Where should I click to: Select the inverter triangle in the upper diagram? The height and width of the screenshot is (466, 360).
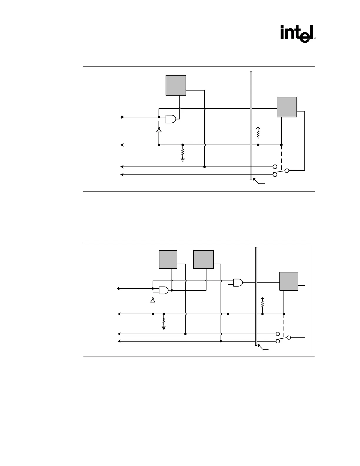[x=159, y=130]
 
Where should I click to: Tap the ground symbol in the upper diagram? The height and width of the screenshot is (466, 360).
[x=183, y=160]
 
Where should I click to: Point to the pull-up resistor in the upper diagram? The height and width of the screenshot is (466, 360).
[x=258, y=133]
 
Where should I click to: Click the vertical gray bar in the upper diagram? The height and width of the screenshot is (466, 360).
[x=251, y=125]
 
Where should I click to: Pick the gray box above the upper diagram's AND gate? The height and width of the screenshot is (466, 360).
[x=176, y=85]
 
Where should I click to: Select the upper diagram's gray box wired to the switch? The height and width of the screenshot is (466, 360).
[x=287, y=107]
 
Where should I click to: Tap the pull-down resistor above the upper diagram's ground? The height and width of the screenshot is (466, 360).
[x=183, y=152]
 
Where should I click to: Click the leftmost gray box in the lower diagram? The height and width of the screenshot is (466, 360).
[x=168, y=259]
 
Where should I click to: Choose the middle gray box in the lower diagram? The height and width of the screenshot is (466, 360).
[x=203, y=259]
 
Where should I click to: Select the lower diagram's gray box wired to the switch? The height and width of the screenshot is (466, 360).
[x=289, y=281]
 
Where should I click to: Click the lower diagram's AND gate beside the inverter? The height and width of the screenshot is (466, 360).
[x=164, y=290]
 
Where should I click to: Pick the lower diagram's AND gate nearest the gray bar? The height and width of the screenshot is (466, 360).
[x=238, y=283]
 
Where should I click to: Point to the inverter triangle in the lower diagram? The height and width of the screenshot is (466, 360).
[x=153, y=300]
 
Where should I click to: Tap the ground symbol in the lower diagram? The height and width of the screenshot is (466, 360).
[x=164, y=327]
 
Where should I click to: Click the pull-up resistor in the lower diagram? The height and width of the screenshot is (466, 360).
[x=262, y=302]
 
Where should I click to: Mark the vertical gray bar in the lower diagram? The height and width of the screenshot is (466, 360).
[x=256, y=296]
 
